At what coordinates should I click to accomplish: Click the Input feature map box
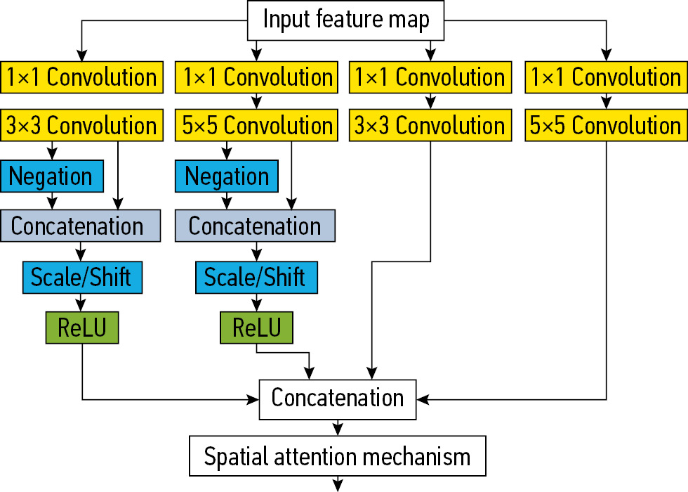click(x=346, y=20)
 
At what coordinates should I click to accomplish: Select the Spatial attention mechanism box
click(x=337, y=457)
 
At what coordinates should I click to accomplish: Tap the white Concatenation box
click(x=338, y=399)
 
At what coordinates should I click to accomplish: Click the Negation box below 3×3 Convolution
click(x=51, y=176)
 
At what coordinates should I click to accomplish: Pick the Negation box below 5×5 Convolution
click(x=227, y=176)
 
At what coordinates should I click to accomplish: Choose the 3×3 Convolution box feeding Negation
click(x=81, y=126)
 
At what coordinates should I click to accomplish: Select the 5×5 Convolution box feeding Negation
click(x=256, y=126)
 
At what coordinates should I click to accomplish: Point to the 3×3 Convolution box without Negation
click(x=430, y=126)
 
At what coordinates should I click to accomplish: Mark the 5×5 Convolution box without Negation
click(x=606, y=126)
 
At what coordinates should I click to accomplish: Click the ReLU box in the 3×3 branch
click(x=82, y=328)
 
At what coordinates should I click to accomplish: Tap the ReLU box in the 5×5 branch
click(x=256, y=328)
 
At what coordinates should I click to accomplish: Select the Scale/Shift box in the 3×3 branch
click(x=82, y=277)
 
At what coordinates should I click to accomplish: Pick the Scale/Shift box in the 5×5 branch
click(x=256, y=277)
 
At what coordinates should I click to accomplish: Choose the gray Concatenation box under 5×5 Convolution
click(x=255, y=226)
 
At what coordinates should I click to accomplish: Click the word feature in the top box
click(x=344, y=20)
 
